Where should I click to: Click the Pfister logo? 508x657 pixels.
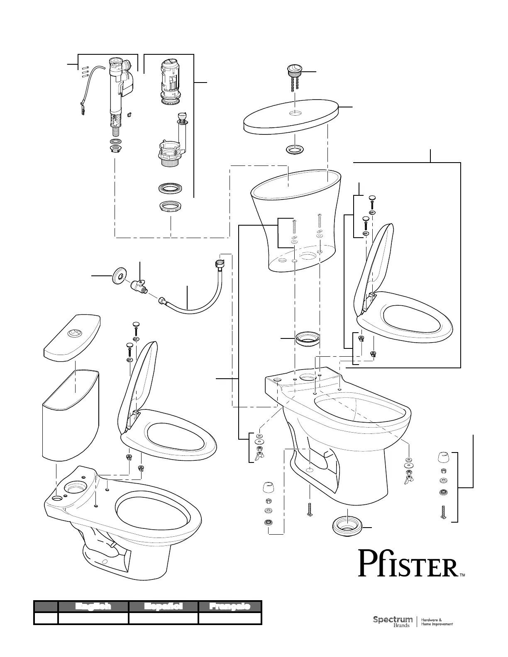click(409, 563)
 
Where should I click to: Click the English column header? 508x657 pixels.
click(93, 606)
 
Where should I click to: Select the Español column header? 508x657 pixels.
click(163, 606)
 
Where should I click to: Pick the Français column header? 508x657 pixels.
click(230, 606)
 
